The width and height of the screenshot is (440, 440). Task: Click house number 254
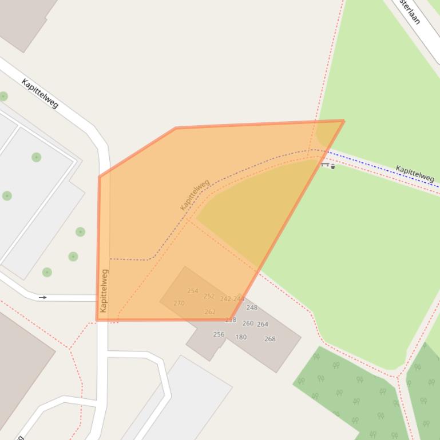(x=192, y=291)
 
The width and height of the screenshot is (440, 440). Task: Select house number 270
(x=179, y=303)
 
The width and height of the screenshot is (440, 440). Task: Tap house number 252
(x=209, y=296)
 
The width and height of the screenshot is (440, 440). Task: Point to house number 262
(x=210, y=312)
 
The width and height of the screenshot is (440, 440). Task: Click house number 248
(x=252, y=307)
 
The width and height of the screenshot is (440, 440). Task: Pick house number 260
(x=248, y=323)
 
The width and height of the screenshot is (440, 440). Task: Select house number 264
(x=263, y=324)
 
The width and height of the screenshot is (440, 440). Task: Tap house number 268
(x=270, y=339)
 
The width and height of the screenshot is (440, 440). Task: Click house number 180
(x=241, y=337)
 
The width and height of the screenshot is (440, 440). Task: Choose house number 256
(x=219, y=334)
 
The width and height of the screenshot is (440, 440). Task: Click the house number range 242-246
(x=232, y=299)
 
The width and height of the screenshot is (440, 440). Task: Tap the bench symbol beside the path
(x=325, y=165)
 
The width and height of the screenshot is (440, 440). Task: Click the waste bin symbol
(x=333, y=167)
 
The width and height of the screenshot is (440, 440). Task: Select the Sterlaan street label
(x=410, y=12)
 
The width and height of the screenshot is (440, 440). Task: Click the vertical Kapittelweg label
(x=104, y=290)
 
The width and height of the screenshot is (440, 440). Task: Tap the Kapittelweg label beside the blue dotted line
(x=415, y=173)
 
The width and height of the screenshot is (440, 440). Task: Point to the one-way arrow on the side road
(x=43, y=297)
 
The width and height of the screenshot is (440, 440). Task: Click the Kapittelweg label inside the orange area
(x=195, y=194)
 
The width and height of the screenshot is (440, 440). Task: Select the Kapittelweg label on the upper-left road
(x=40, y=93)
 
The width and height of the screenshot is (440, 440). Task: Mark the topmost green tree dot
(x=3, y=96)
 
